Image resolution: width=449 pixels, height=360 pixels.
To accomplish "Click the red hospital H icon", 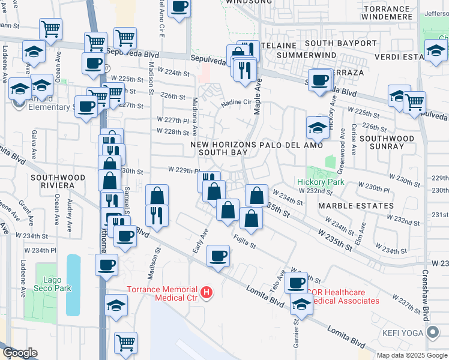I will (x=206, y=293).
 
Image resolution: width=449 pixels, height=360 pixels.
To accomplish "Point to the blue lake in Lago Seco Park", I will (x=73, y=285).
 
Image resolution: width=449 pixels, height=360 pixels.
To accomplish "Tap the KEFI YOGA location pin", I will (x=433, y=333).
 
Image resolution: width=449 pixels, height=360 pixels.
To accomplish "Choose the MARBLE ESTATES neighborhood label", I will (x=356, y=205).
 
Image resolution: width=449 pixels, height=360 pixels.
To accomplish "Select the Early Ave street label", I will (x=199, y=239).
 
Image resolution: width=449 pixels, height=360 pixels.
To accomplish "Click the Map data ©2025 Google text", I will (x=412, y=355).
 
